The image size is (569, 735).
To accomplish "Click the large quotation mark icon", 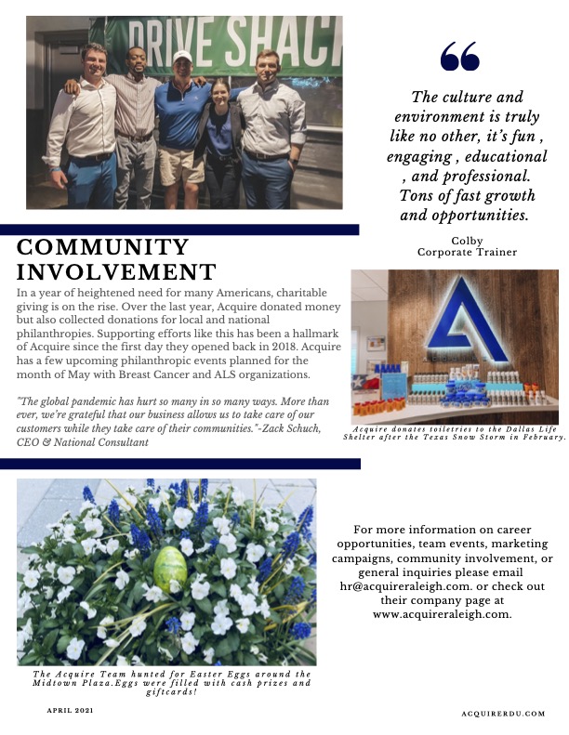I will coord(460,58).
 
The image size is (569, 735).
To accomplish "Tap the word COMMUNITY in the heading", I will coord(103,247).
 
